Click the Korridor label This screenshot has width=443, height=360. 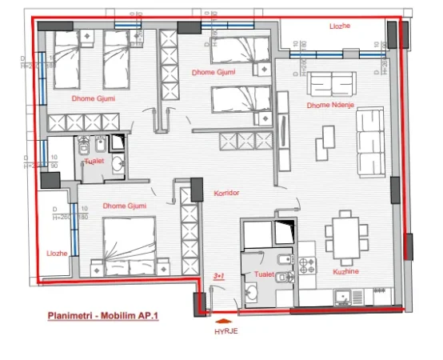[x=227, y=193]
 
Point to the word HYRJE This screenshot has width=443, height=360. [x=226, y=330]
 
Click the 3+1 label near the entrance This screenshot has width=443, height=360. [x=218, y=275]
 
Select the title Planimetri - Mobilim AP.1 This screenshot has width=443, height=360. [x=103, y=316]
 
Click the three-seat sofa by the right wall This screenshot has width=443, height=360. [x=373, y=135]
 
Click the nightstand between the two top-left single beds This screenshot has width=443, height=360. [x=90, y=39]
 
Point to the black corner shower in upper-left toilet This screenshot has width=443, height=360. [x=117, y=143]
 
